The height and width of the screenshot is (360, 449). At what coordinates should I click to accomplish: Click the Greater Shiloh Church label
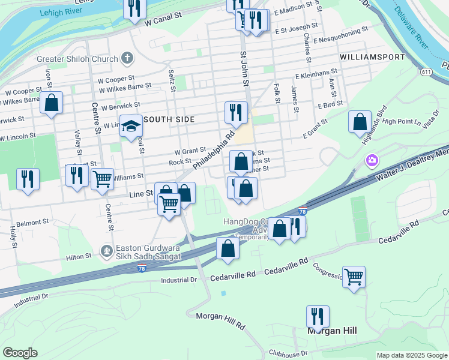coord(77,59)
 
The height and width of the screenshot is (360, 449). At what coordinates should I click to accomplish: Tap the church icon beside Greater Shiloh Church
coord(126,58)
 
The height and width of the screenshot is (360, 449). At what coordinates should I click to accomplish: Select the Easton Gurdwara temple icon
coord(107,250)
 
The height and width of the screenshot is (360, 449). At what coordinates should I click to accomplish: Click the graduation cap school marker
coord(130,126)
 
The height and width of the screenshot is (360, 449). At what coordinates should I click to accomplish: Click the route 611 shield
coord(426,72)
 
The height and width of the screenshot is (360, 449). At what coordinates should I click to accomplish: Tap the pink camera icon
coord(372,160)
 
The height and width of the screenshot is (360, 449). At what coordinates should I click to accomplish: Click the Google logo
coord(20,353)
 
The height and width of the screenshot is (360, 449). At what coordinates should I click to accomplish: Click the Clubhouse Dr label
coord(288,353)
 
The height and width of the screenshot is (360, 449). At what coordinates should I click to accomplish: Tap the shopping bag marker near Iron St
coord(52,103)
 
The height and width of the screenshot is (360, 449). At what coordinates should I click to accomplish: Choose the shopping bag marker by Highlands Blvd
coord(359,122)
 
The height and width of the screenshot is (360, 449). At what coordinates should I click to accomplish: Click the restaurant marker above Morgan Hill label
coord(318,316)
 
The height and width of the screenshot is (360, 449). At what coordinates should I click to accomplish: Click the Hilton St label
coord(79,256)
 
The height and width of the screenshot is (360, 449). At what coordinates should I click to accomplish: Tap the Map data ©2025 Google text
coord(411,355)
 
